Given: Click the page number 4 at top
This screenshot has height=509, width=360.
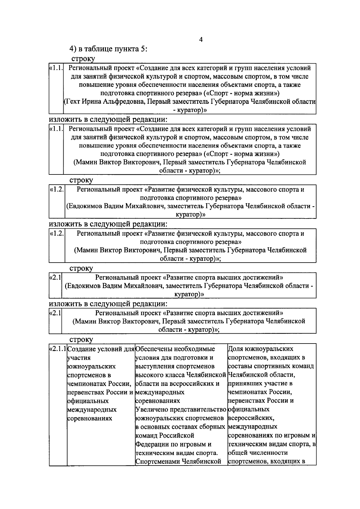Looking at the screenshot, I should click(201, 40).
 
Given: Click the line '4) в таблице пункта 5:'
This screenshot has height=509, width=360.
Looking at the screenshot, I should click(108, 49).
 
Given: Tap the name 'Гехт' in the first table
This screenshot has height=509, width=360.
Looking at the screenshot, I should click(72, 102).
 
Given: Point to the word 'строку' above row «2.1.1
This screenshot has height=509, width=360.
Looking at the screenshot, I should click(81, 340).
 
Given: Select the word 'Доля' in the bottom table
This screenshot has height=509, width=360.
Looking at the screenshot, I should click(235, 349).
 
